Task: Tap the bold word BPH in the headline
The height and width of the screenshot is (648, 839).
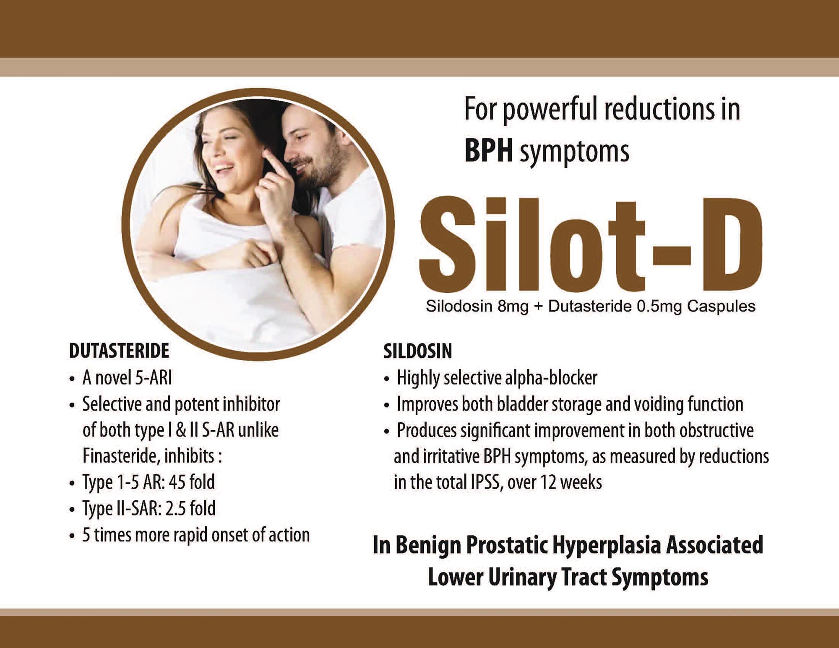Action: [x=488, y=151]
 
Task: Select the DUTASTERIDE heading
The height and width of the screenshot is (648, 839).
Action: [x=119, y=351]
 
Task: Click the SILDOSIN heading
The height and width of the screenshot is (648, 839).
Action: [x=418, y=351]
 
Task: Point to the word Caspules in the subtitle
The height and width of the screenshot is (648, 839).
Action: [x=721, y=307]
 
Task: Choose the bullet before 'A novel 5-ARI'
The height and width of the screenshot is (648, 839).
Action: [x=72, y=379]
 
